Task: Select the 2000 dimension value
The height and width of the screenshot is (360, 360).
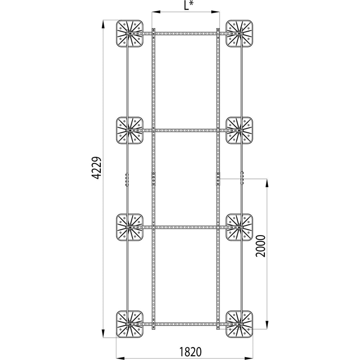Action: click(261, 246)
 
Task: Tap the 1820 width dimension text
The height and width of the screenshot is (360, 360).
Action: click(190, 351)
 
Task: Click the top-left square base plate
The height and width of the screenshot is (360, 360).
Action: click(130, 33)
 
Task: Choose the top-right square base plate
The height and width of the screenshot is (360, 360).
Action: click(239, 33)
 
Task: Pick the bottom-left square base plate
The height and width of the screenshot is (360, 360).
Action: click(130, 324)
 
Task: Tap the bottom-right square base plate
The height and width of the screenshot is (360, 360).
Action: click(239, 324)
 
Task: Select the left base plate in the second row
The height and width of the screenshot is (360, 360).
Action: click(130, 130)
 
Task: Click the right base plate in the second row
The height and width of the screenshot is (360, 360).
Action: click(239, 130)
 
